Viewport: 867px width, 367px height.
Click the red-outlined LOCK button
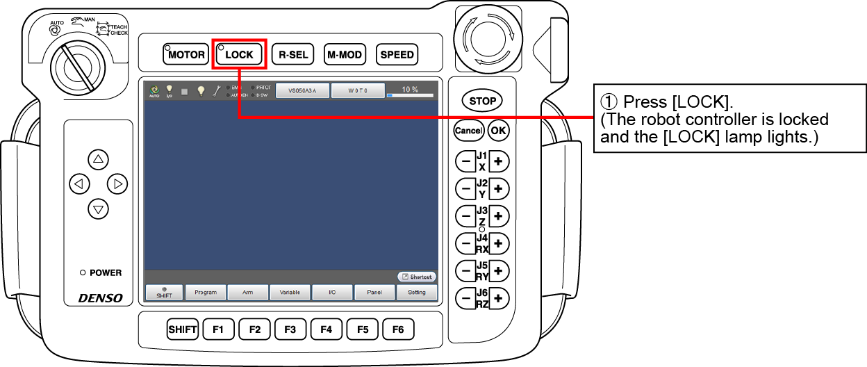click(x=239, y=54)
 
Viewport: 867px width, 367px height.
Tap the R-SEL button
click(x=292, y=54)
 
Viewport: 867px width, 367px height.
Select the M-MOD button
click(x=345, y=54)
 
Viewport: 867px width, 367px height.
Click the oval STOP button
click(x=482, y=101)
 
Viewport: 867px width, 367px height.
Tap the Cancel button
click(x=468, y=130)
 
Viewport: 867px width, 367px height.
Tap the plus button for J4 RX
click(x=499, y=243)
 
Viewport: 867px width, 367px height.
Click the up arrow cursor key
click(x=98, y=159)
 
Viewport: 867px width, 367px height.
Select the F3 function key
click(x=290, y=329)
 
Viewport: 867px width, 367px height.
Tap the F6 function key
click(x=398, y=329)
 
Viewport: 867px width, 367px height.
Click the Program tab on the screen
click(x=206, y=293)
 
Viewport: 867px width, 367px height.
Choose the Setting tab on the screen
click(x=417, y=293)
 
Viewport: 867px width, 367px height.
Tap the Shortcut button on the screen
click(x=417, y=277)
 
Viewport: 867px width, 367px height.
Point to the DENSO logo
click(x=100, y=298)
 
